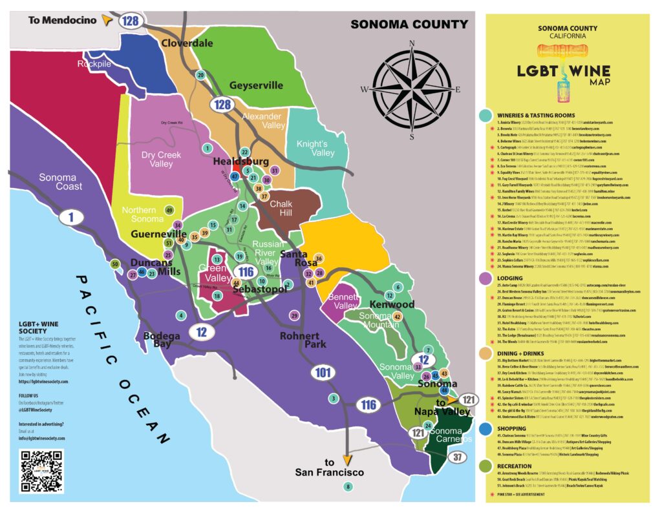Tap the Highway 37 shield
(458, 457)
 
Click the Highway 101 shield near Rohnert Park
(323, 372)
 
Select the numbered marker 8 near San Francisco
(348, 486)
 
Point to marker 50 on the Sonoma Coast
(115, 264)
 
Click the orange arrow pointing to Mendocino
(107, 21)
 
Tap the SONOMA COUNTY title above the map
(409, 25)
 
